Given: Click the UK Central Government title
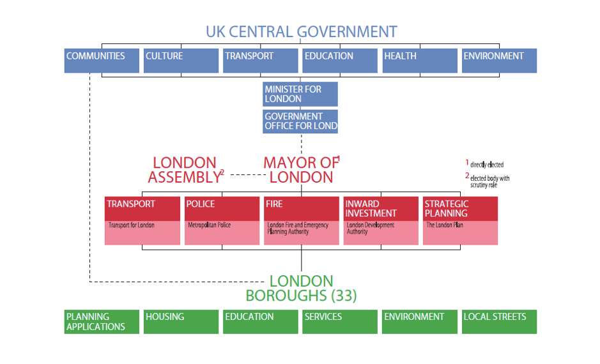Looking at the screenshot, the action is (x=301, y=32).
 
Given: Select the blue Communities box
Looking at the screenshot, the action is (x=102, y=61).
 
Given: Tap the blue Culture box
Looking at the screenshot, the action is (x=181, y=61).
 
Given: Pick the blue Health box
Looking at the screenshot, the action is (x=420, y=61).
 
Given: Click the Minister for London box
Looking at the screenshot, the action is (x=300, y=94).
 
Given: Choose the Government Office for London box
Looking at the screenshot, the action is (x=300, y=121).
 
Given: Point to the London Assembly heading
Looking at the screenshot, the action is (x=185, y=170).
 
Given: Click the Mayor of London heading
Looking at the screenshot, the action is (x=301, y=170).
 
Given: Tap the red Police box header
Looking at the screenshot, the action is (x=222, y=209).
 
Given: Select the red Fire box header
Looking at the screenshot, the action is (x=302, y=209).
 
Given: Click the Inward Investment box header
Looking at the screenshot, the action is (x=381, y=209).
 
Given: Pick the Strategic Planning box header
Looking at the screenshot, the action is (x=460, y=209).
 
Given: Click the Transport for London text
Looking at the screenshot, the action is (x=131, y=225).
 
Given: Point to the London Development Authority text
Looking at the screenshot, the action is (x=371, y=228).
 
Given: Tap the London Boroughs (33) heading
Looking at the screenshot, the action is (x=301, y=288).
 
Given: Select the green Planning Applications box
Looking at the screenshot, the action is (x=102, y=322).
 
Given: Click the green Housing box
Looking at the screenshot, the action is (x=181, y=322).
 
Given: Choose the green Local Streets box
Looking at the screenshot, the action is (x=500, y=322).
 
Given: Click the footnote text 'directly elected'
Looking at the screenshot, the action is (x=487, y=165).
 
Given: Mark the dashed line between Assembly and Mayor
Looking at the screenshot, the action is (x=248, y=175).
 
